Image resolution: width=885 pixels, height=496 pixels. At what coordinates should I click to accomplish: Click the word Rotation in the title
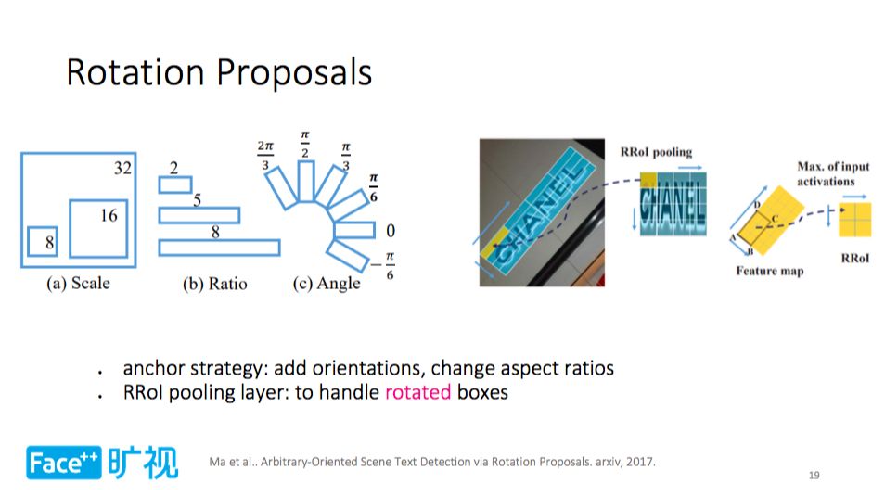(135, 72)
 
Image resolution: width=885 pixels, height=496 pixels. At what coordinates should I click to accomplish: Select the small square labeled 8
(43, 242)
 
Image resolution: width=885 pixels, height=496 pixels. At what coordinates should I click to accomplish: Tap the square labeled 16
(98, 229)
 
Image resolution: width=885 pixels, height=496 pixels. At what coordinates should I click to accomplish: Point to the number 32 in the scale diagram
(123, 168)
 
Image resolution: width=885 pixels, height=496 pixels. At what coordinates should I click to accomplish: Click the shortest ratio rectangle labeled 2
(175, 184)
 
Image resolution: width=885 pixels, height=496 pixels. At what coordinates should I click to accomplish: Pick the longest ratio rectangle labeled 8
(219, 248)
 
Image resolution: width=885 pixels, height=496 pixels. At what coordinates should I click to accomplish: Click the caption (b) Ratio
(215, 284)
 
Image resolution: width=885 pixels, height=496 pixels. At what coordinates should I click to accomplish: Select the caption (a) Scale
(79, 283)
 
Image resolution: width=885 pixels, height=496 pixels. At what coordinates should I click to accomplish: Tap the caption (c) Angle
(327, 284)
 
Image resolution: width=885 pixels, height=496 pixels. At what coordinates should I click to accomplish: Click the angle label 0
(391, 230)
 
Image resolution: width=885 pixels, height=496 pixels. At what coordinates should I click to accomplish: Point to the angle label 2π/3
(265, 155)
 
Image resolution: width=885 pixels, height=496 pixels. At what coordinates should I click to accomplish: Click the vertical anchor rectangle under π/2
(306, 181)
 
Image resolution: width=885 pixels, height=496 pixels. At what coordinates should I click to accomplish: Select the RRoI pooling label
(656, 152)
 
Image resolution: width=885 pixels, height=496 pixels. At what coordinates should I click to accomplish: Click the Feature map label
(769, 271)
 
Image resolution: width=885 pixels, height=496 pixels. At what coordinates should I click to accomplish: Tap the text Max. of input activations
(833, 173)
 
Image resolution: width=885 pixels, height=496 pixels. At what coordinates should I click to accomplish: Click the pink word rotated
(417, 391)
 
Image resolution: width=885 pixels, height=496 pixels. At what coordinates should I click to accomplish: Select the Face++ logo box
(64, 463)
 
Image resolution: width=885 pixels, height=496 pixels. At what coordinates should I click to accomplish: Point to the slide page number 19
(814, 475)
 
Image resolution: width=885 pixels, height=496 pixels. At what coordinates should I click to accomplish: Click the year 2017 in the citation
(640, 462)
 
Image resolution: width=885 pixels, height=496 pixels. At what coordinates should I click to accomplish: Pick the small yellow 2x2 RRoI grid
(854, 220)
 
